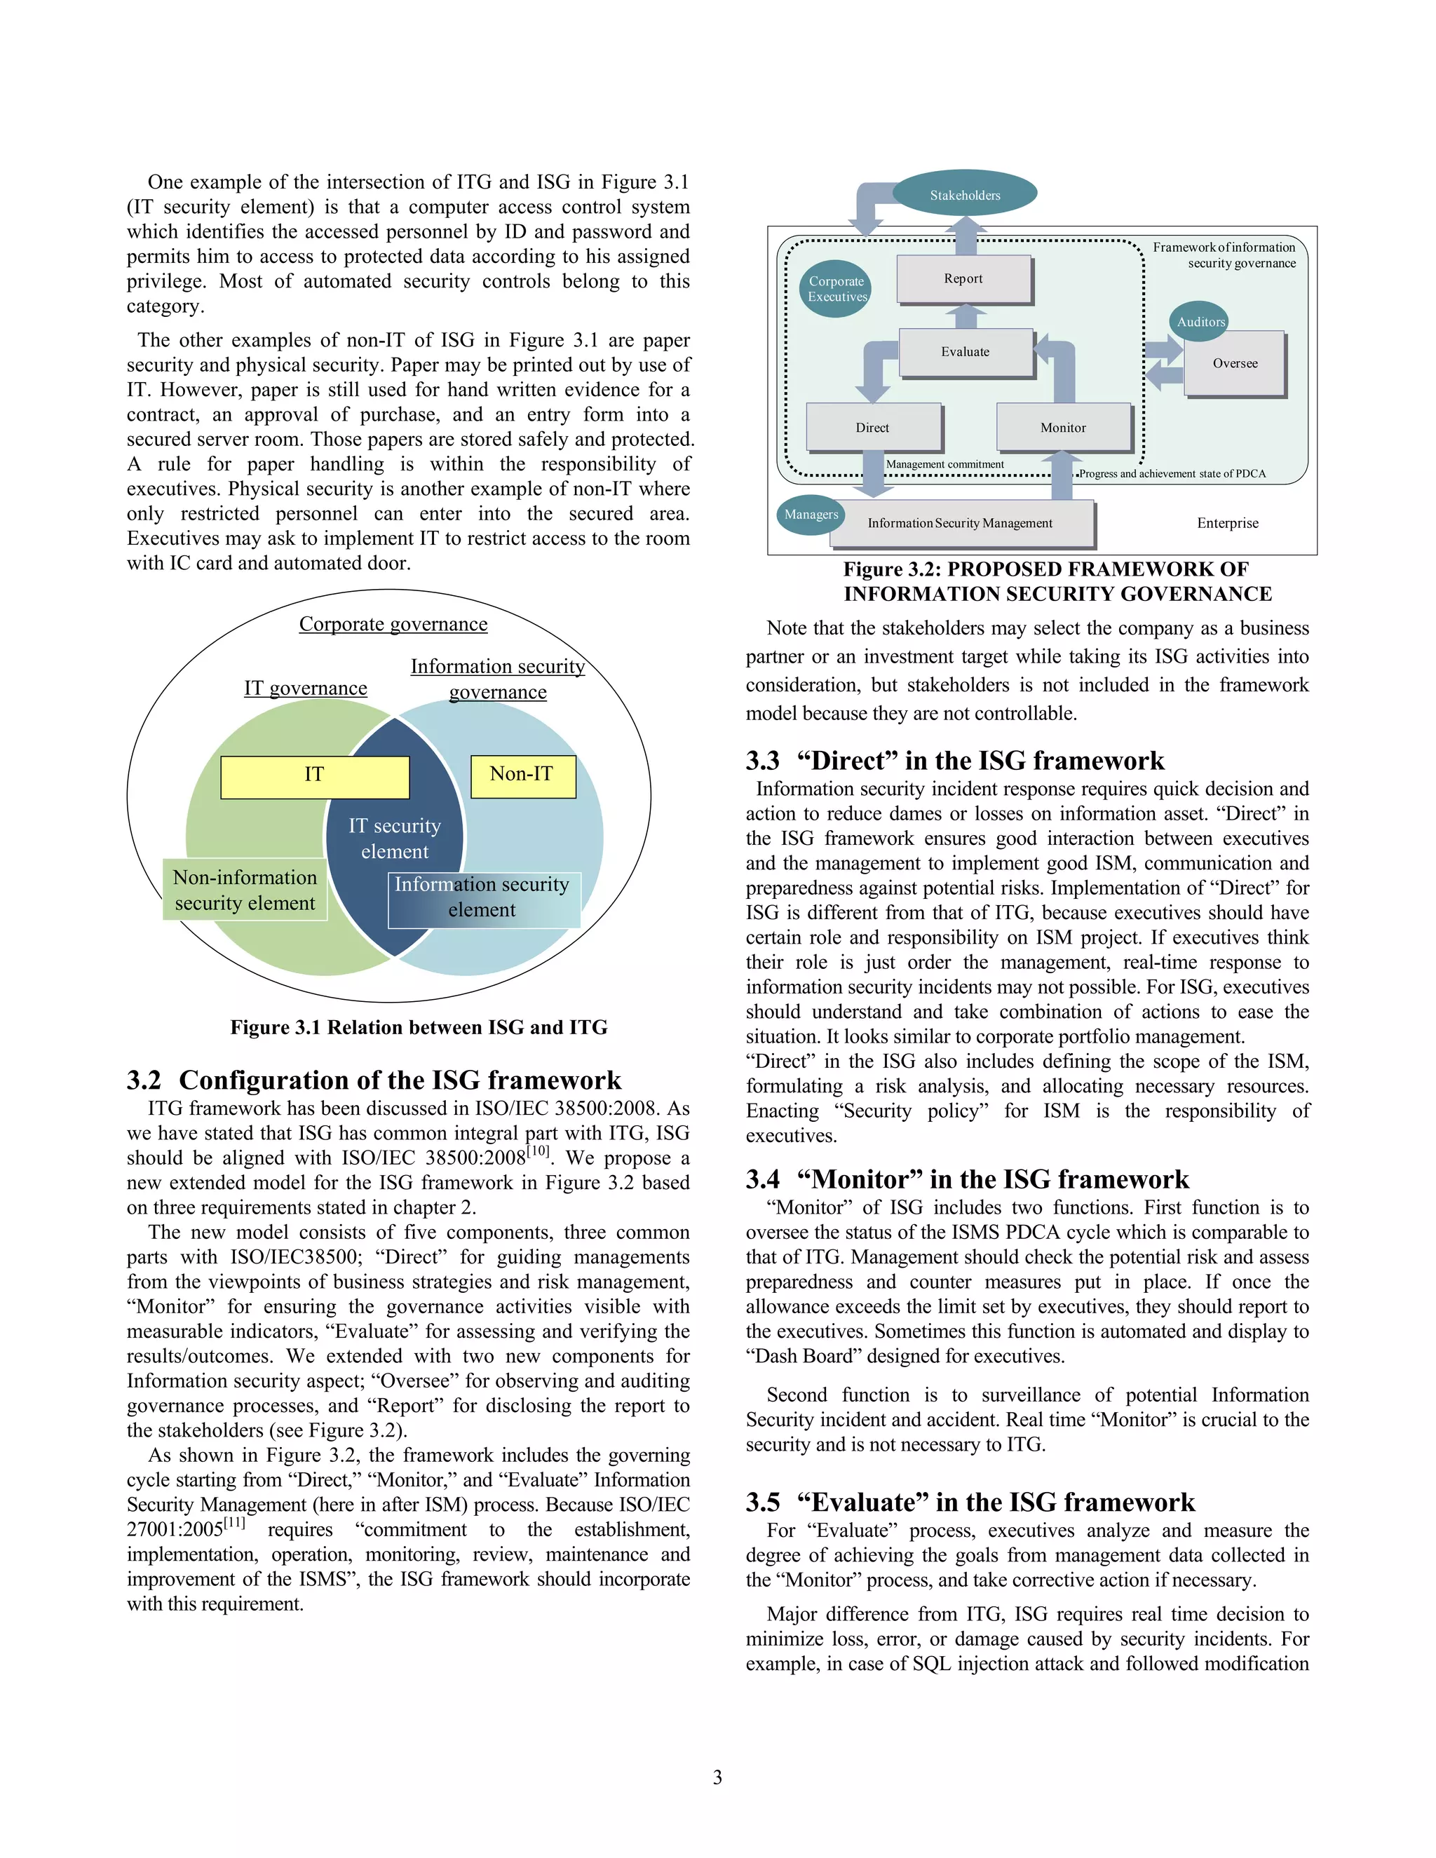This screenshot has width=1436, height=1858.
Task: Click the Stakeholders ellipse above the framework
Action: pos(965,195)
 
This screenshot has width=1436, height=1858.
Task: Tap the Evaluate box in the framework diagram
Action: pos(966,351)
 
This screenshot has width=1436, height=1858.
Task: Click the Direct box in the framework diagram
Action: pos(873,427)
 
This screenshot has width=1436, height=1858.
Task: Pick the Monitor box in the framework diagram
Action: pos(1064,427)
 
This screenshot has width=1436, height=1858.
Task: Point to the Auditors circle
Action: pos(1200,322)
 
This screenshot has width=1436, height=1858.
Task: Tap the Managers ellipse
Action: pos(811,515)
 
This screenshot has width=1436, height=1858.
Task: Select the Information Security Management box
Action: pos(961,523)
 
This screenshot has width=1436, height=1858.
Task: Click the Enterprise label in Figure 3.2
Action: pos(1228,523)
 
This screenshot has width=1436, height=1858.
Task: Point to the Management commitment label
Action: pos(944,464)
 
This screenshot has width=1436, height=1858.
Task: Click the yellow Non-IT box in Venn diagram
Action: pos(522,775)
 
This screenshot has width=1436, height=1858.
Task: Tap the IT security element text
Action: pos(395,838)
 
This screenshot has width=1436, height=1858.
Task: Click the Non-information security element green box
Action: pos(245,890)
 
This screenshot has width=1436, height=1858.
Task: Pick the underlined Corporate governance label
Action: pos(393,625)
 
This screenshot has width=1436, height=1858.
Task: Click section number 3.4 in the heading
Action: pos(762,1180)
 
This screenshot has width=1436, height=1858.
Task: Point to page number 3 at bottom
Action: pos(717,1777)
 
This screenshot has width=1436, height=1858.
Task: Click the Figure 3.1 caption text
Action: pos(419,1028)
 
